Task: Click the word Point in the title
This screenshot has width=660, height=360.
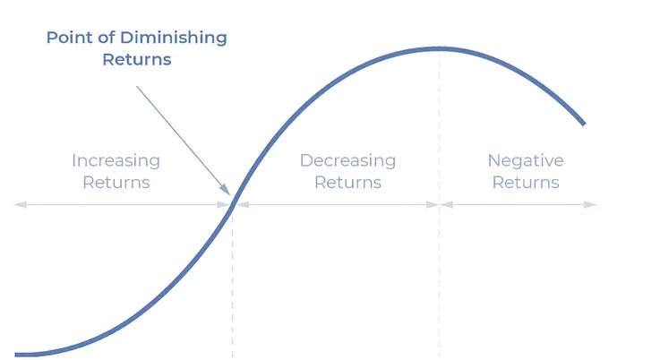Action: tap(70, 38)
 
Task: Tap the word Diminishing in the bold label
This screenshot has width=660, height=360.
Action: tap(174, 39)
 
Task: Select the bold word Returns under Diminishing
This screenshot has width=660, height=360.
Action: tap(137, 59)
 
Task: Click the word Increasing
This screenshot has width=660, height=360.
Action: tap(116, 161)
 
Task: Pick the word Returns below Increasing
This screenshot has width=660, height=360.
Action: tap(116, 183)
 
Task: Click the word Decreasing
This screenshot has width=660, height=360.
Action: tap(347, 161)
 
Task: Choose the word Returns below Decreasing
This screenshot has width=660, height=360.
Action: tap(347, 183)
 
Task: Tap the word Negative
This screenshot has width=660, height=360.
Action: tap(526, 161)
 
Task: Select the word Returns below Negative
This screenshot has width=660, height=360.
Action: tap(526, 183)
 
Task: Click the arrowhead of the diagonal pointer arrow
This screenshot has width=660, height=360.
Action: tap(226, 191)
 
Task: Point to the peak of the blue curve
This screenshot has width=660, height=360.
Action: tap(439, 49)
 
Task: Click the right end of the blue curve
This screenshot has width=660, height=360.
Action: tap(584, 124)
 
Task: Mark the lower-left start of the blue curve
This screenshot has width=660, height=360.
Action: tap(16, 355)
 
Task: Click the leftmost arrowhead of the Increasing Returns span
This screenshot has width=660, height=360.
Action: tap(21, 205)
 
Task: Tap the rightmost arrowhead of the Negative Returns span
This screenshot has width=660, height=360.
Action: tap(590, 205)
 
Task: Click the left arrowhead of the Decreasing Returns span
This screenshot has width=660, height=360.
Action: tap(243, 205)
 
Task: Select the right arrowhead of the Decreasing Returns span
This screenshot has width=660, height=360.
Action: tap(433, 205)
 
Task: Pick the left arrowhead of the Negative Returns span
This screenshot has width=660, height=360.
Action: tap(447, 205)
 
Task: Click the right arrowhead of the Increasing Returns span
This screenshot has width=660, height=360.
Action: tap(224, 205)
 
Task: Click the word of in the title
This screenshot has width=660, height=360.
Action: tap(107, 38)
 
